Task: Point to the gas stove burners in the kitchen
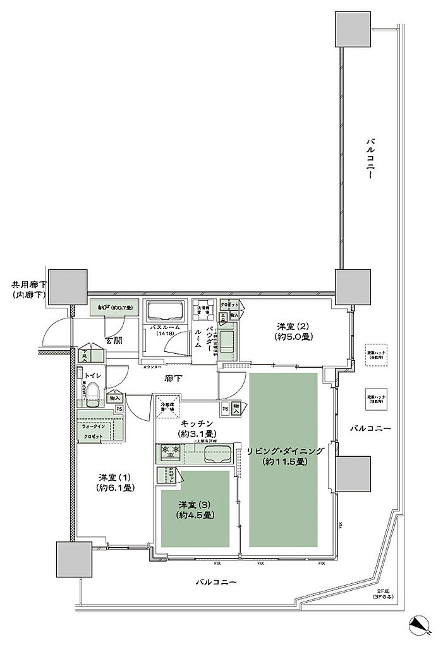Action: point(171,452)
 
